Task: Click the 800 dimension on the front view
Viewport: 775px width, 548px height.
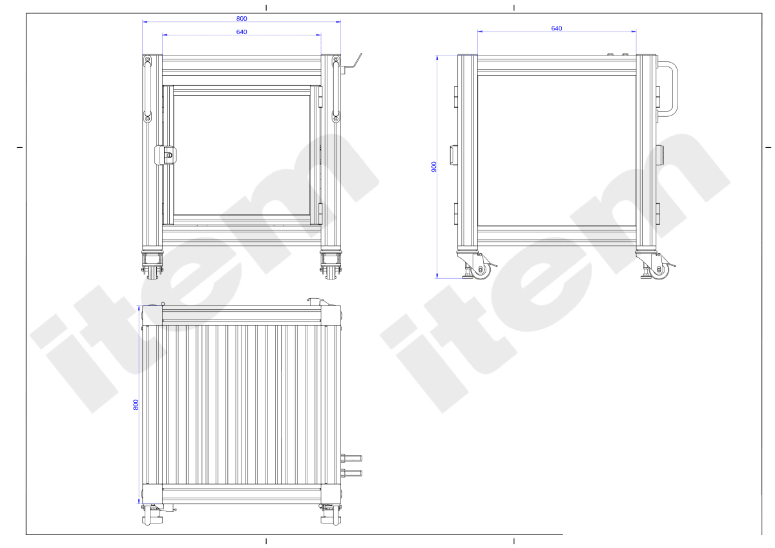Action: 242,19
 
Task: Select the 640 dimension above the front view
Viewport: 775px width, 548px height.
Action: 242,32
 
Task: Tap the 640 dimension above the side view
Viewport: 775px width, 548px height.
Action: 556,28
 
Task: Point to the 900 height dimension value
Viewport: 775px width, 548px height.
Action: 434,167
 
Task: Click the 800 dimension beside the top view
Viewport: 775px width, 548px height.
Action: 136,405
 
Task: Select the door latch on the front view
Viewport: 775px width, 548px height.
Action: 166,156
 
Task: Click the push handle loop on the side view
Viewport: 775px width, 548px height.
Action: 668,89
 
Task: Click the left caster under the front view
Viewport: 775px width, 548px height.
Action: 153,265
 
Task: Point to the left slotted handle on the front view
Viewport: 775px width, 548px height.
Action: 148,89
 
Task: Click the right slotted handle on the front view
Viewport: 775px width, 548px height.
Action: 336,89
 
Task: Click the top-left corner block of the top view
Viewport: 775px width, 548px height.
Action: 152,316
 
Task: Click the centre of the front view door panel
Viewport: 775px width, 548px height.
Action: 242,156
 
